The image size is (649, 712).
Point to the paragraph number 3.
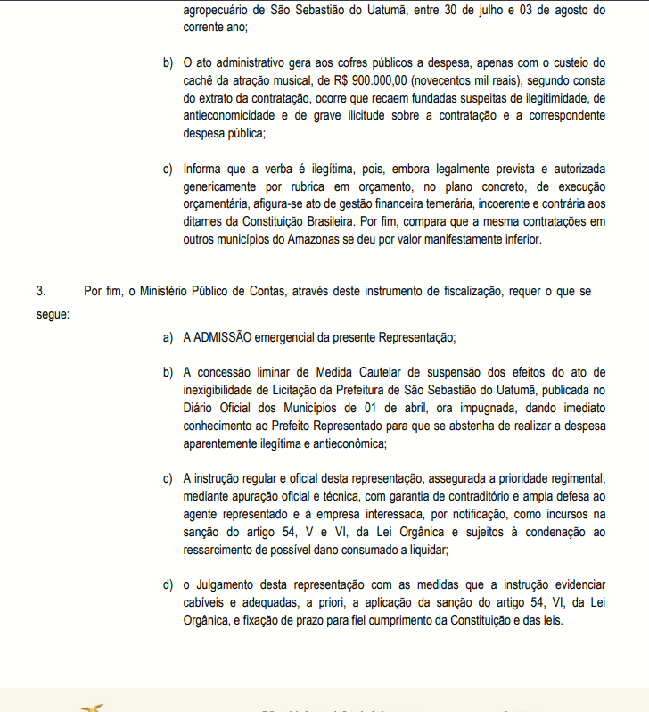pos(40,291)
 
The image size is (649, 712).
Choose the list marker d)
pos(168,584)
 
